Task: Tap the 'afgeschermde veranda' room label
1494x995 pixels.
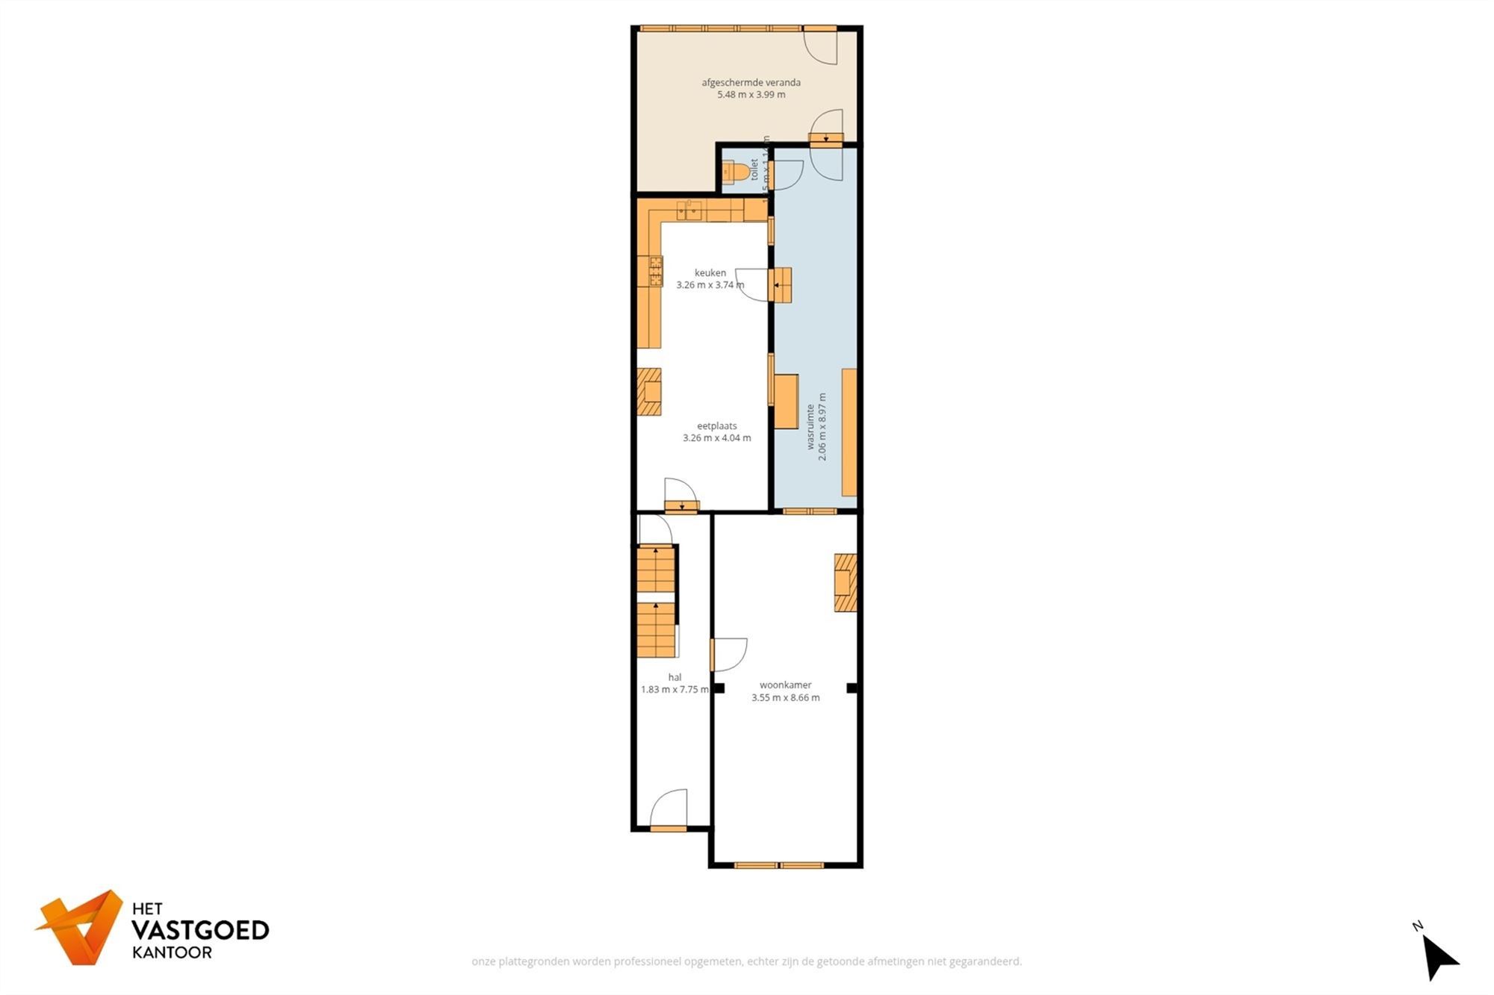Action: [751, 83]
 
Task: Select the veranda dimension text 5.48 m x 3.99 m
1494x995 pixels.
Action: [751, 95]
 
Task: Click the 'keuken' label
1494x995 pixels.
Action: [710, 273]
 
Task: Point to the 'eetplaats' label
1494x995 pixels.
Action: [716, 426]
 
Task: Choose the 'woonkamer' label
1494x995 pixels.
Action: [785, 685]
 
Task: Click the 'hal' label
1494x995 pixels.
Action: [675, 678]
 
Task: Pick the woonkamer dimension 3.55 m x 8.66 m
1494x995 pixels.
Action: [785, 698]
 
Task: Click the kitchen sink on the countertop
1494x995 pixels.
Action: [689, 211]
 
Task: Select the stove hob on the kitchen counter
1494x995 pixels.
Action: [655, 272]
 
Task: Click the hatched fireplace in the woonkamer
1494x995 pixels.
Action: [846, 582]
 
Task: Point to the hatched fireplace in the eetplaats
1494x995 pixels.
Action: [648, 391]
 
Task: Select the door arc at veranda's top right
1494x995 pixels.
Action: [820, 47]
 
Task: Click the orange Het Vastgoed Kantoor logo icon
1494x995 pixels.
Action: [81, 926]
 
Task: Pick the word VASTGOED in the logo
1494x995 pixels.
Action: [200, 930]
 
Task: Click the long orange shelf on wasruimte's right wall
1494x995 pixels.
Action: [849, 432]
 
